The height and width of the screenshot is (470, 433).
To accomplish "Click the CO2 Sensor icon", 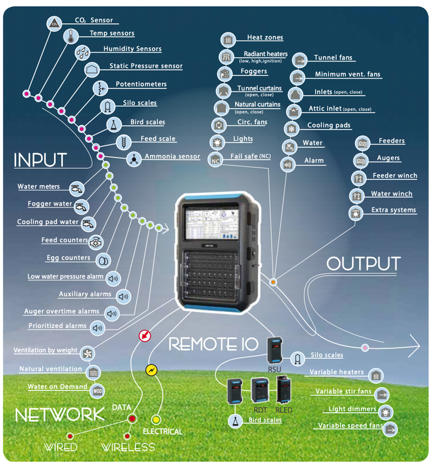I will tap(54, 23).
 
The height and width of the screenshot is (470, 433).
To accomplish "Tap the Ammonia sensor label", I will tap(172, 157).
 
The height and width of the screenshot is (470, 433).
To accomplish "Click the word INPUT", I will tap(40, 160).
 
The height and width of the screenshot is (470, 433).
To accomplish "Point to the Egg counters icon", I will tap(102, 260).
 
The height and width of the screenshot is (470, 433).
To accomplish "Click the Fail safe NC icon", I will tap(215, 160).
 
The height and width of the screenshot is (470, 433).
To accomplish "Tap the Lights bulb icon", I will tap(217, 142).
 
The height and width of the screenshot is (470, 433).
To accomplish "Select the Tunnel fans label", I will tap(333, 58).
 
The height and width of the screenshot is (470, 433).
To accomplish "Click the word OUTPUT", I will tap(363, 264).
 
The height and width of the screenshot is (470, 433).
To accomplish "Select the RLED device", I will tap(284, 389).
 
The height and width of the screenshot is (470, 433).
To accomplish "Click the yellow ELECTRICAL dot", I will tap(156, 419).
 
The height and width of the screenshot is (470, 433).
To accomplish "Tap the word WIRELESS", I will tap(128, 447).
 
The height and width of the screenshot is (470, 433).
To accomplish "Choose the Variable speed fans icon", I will tap(391, 429).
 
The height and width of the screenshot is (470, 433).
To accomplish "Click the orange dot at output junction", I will tap(273, 282).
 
